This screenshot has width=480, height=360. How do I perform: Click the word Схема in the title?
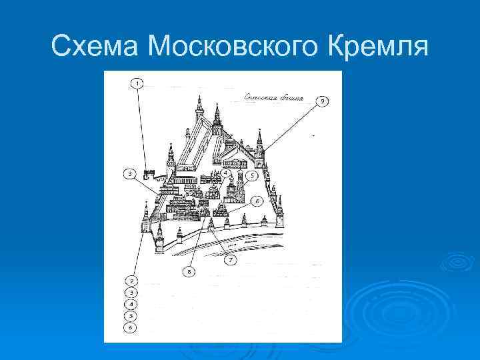coord(96,47)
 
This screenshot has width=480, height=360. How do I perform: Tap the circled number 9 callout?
coord(323,101)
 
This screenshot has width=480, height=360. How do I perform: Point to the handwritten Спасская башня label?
coord(273,98)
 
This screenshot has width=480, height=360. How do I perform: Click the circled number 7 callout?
coord(231,260)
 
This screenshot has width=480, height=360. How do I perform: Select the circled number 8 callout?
coord(190,272)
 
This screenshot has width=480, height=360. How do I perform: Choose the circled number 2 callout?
coord(132,281)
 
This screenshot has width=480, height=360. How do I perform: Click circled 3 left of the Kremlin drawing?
coord(131,174)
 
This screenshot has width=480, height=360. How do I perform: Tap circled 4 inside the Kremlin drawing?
coord(226,173)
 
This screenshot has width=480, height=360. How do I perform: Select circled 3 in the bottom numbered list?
coord(132,293)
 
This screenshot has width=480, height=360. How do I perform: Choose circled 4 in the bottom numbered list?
coord(132,304)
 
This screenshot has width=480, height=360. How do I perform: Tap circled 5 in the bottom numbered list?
coord(132,315)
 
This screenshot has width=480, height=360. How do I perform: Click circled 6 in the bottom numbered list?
coord(132,327)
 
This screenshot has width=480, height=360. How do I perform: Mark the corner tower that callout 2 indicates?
coord(145,220)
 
